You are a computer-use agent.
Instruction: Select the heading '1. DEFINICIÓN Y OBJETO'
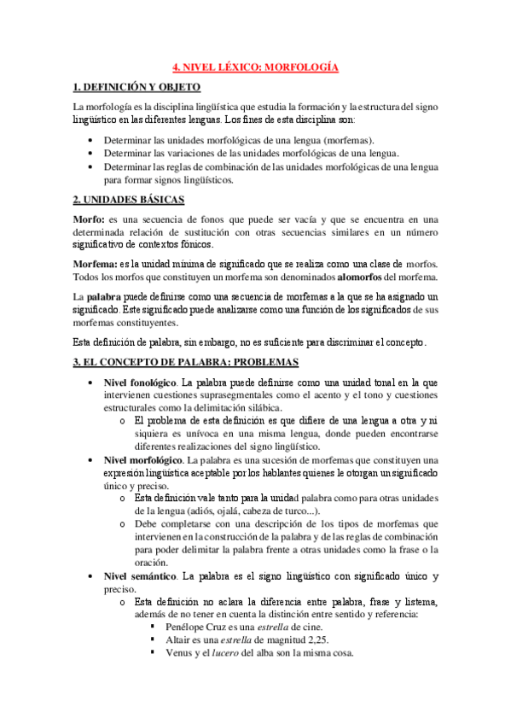[137, 86]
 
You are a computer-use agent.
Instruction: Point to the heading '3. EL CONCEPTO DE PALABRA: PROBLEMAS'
[185, 362]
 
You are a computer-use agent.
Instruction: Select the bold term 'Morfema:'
[96, 262]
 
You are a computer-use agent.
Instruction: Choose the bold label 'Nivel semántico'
[138, 576]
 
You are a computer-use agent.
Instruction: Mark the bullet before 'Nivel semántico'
[91, 576]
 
